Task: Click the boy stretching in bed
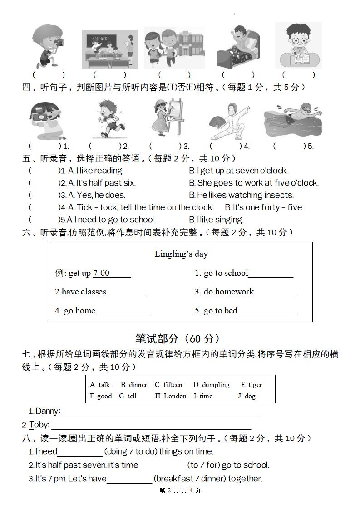237,47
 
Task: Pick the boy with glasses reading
298,45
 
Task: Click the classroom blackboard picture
109,49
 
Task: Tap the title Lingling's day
181,254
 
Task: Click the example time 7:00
101,273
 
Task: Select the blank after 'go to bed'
266,311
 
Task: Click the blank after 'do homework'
274,292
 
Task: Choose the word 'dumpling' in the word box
212,385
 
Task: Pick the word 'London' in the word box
171,396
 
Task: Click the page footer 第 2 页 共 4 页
180,490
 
